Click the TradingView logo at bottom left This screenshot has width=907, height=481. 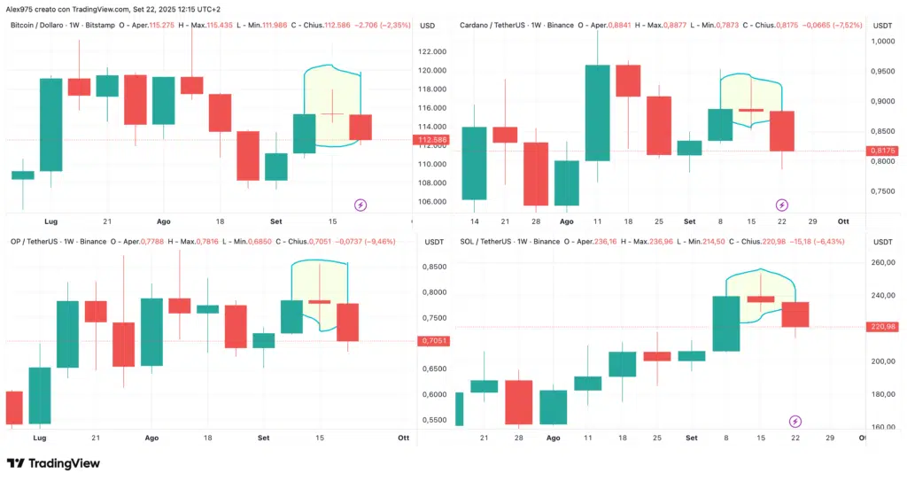pyautogui.click(x=53, y=463)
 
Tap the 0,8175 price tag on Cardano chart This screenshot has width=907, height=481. pyautogui.click(x=883, y=151)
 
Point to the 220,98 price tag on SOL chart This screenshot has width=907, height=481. pyautogui.click(x=883, y=327)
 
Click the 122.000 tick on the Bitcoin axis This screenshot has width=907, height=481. pyautogui.click(x=433, y=52)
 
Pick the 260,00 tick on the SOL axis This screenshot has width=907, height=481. pyautogui.click(x=883, y=262)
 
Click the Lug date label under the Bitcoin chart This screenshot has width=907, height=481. pyautogui.click(x=51, y=221)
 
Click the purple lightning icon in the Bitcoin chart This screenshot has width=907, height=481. pyautogui.click(x=360, y=205)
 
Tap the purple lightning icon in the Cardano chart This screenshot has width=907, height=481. pyautogui.click(x=781, y=205)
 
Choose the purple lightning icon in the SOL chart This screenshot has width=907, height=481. pyautogui.click(x=795, y=421)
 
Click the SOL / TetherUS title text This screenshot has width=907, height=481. pyautogui.click(x=485, y=241)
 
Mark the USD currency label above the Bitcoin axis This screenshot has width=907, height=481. pyautogui.click(x=427, y=25)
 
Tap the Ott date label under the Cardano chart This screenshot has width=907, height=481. pyautogui.click(x=843, y=221)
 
